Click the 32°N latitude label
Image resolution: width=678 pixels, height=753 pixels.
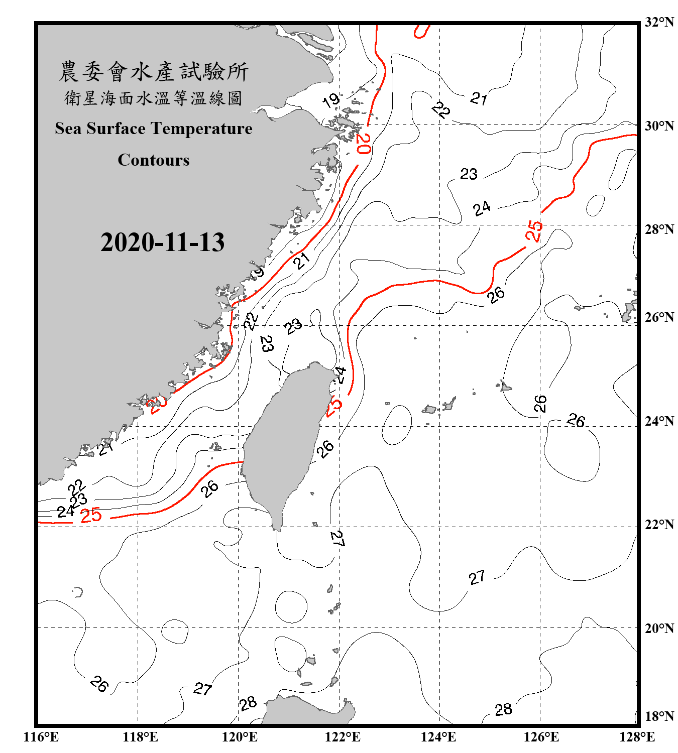pos(659,22)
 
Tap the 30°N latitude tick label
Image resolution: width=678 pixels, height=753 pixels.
pos(659,126)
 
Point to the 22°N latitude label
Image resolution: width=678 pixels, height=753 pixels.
pos(659,525)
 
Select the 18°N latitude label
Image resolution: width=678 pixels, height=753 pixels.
pos(659,716)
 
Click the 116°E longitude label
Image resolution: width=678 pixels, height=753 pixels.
pos(41,737)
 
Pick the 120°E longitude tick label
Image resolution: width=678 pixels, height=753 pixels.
pos(240,737)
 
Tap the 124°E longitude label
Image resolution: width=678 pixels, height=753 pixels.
pos(438,737)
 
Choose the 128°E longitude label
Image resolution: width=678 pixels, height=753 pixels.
pos(637,737)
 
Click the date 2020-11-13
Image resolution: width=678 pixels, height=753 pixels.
pos(162,242)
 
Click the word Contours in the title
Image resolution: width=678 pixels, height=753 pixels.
pos(154,160)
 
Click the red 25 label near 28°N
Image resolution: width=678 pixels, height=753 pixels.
pos(534,230)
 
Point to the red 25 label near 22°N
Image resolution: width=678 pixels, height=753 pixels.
pos(91,515)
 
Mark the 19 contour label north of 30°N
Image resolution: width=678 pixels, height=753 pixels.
pos(331,100)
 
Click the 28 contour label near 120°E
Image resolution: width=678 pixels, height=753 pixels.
pos(248,704)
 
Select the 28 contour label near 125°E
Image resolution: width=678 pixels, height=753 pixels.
pos(503,709)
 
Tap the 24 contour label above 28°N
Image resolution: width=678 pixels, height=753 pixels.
pos(482,208)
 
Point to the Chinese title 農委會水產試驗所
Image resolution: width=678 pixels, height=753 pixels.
pos(154,72)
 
